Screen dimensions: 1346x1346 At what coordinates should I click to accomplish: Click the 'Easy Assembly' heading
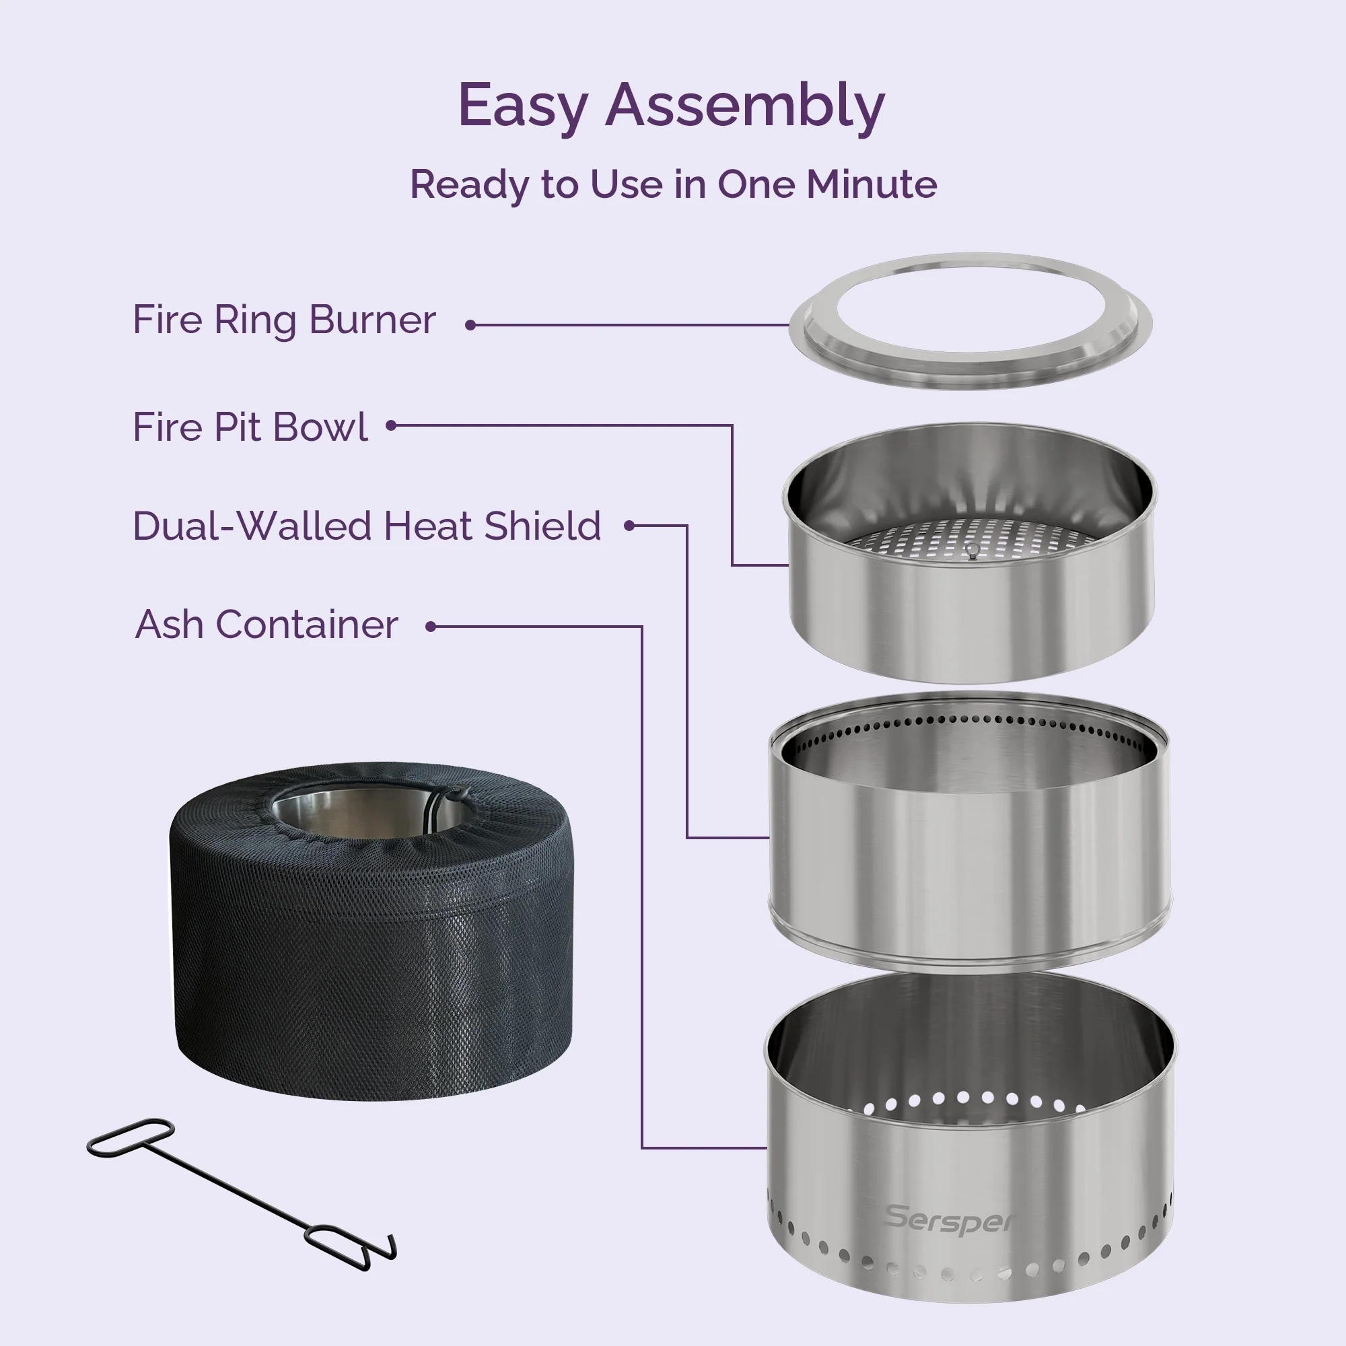pyautogui.click(x=671, y=106)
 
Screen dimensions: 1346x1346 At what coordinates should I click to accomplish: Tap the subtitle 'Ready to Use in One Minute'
pyautogui.click(x=673, y=184)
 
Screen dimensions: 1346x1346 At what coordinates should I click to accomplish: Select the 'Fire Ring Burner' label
pyautogui.click(x=284, y=320)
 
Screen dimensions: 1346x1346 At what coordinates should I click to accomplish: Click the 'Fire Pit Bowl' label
pyautogui.click(x=250, y=427)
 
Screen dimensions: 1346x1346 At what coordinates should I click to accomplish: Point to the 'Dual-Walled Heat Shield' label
pyautogui.click(x=367, y=526)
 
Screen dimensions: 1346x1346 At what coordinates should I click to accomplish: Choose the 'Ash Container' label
pyautogui.click(x=267, y=625)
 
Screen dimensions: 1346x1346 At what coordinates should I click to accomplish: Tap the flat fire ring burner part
pyautogui.click(x=970, y=321)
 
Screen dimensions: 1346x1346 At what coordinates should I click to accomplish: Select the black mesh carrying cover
pyautogui.click(x=371, y=931)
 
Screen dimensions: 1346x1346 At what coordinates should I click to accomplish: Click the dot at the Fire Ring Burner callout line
pyautogui.click(x=470, y=324)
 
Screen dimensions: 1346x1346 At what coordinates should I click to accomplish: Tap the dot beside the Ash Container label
pyautogui.click(x=431, y=627)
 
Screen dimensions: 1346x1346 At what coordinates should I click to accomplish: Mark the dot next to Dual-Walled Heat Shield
pyautogui.click(x=629, y=526)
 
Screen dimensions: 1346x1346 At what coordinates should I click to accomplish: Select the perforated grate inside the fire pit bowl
pyautogui.click(x=970, y=539)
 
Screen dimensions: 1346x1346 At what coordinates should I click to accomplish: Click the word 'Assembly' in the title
pyautogui.click(x=745, y=106)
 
